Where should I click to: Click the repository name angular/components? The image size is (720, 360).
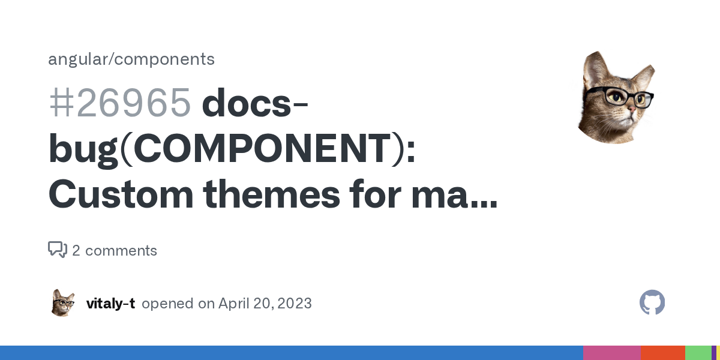[x=131, y=59]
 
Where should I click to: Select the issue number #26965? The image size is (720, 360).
[x=119, y=103]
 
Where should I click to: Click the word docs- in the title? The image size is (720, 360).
[x=256, y=103]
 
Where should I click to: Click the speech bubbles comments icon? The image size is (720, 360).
[x=58, y=250]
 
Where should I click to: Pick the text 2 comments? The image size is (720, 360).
[x=115, y=251]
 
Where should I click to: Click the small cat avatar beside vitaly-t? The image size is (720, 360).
[x=63, y=303]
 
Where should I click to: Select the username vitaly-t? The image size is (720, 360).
[x=110, y=304]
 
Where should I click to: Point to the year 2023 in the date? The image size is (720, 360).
[x=295, y=304]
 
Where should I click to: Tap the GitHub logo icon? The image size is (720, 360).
[x=652, y=303]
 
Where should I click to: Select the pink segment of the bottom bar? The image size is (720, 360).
[x=611, y=353]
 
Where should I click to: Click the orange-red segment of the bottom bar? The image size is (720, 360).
[x=662, y=353]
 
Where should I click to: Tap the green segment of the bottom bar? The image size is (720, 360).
[x=698, y=353]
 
